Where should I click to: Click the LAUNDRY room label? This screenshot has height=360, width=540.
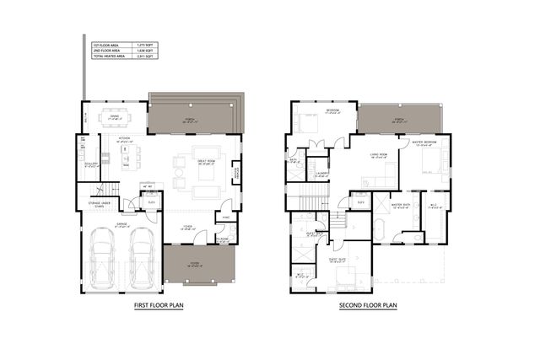pyautogui.click(x=321, y=175)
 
